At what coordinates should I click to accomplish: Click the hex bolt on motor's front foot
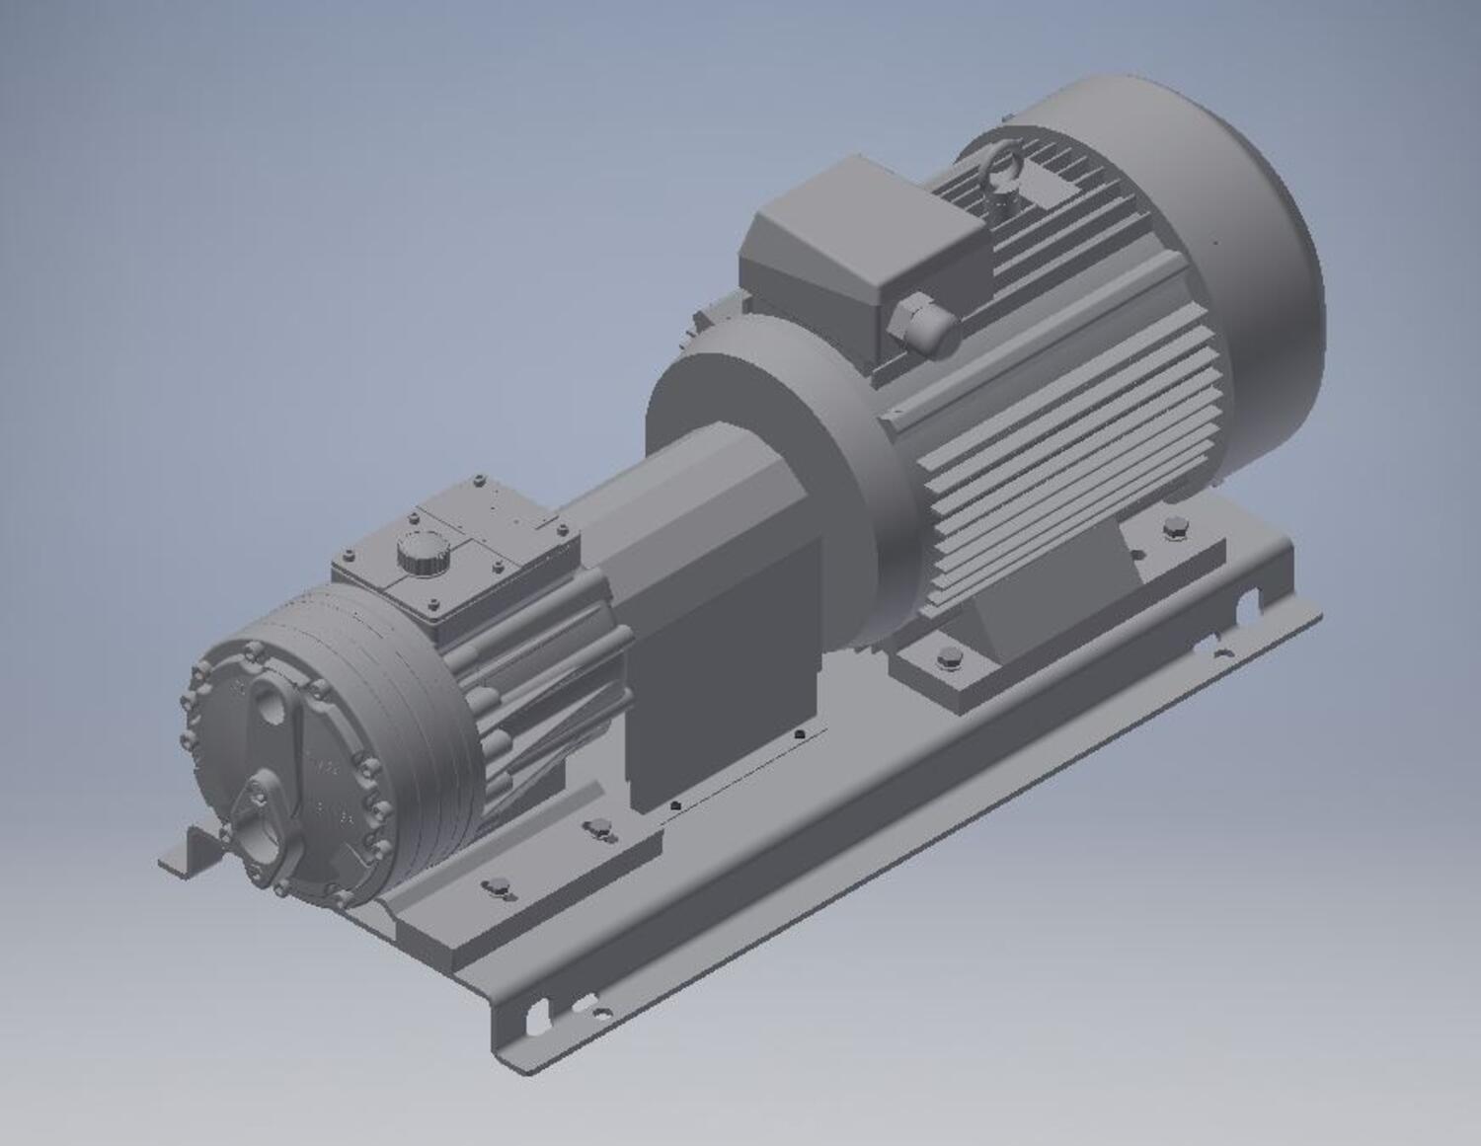(x=948, y=658)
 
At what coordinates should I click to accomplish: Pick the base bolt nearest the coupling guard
(x=597, y=827)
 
